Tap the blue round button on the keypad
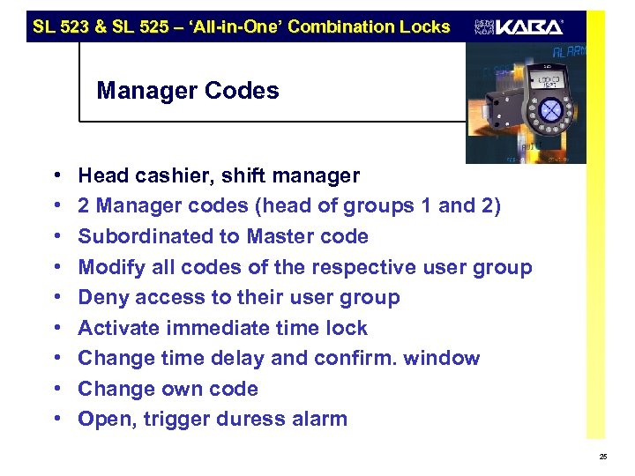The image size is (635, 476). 549,110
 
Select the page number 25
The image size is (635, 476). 602,457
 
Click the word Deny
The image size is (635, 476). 100,297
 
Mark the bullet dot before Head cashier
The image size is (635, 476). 56,176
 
